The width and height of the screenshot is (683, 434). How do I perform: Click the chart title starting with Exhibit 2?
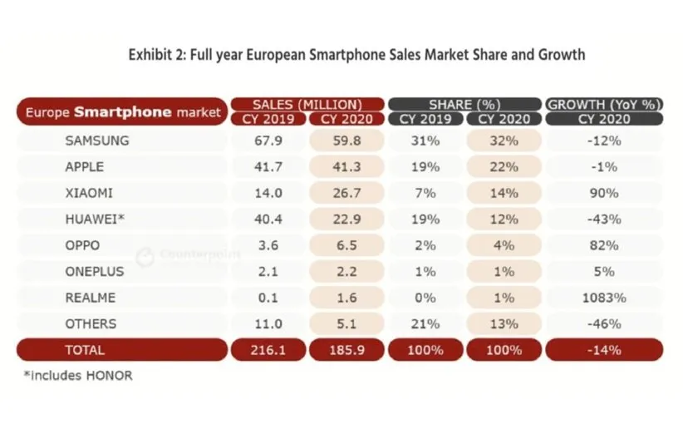[x=356, y=55]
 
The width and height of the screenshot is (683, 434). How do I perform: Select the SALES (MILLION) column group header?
[x=307, y=104]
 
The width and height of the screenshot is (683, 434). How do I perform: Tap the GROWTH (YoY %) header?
[x=604, y=104]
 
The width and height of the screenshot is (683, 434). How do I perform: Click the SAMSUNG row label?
[x=97, y=141]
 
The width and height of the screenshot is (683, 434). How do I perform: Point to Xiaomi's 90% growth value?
[x=604, y=193]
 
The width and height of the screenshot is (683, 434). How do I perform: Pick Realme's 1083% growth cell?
[x=604, y=298]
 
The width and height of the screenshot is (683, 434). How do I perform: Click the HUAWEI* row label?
[x=95, y=219]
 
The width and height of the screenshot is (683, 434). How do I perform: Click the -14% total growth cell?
[x=604, y=350]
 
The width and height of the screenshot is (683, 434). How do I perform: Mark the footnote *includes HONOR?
[x=78, y=375]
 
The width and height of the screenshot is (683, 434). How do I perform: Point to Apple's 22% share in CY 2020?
[x=505, y=167]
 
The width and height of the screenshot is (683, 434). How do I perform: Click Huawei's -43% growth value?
[x=604, y=219]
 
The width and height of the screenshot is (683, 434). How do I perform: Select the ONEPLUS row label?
[x=96, y=271]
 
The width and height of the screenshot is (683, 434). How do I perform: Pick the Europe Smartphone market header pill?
[x=122, y=111]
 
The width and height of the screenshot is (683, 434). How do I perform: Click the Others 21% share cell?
[x=426, y=323]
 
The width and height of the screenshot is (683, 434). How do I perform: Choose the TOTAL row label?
[x=86, y=350]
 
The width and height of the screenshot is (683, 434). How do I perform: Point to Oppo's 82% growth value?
[x=604, y=245]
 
